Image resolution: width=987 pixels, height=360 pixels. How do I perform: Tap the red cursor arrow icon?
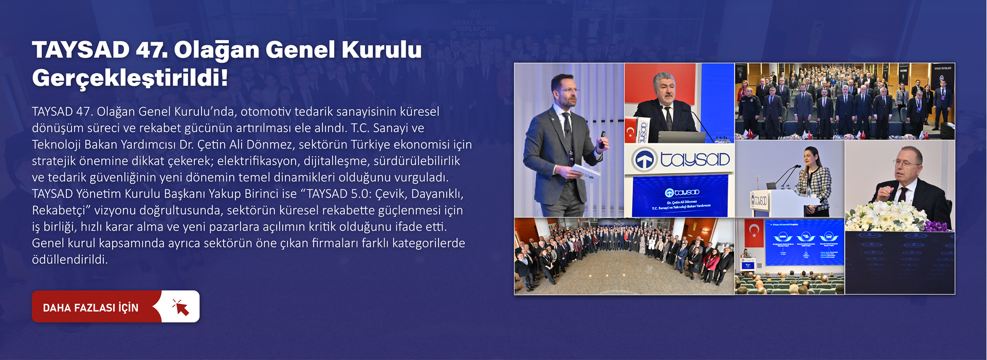point(180,307)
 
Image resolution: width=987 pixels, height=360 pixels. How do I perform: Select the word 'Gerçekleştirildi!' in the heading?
point(130,78)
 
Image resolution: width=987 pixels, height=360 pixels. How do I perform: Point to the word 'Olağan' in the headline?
point(216,50)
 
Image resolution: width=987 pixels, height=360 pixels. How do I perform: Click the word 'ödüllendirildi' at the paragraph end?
point(69,260)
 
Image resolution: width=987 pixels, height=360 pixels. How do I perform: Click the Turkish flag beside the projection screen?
point(754,232)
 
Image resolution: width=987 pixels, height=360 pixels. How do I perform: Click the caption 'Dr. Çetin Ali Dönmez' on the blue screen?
point(682,202)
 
